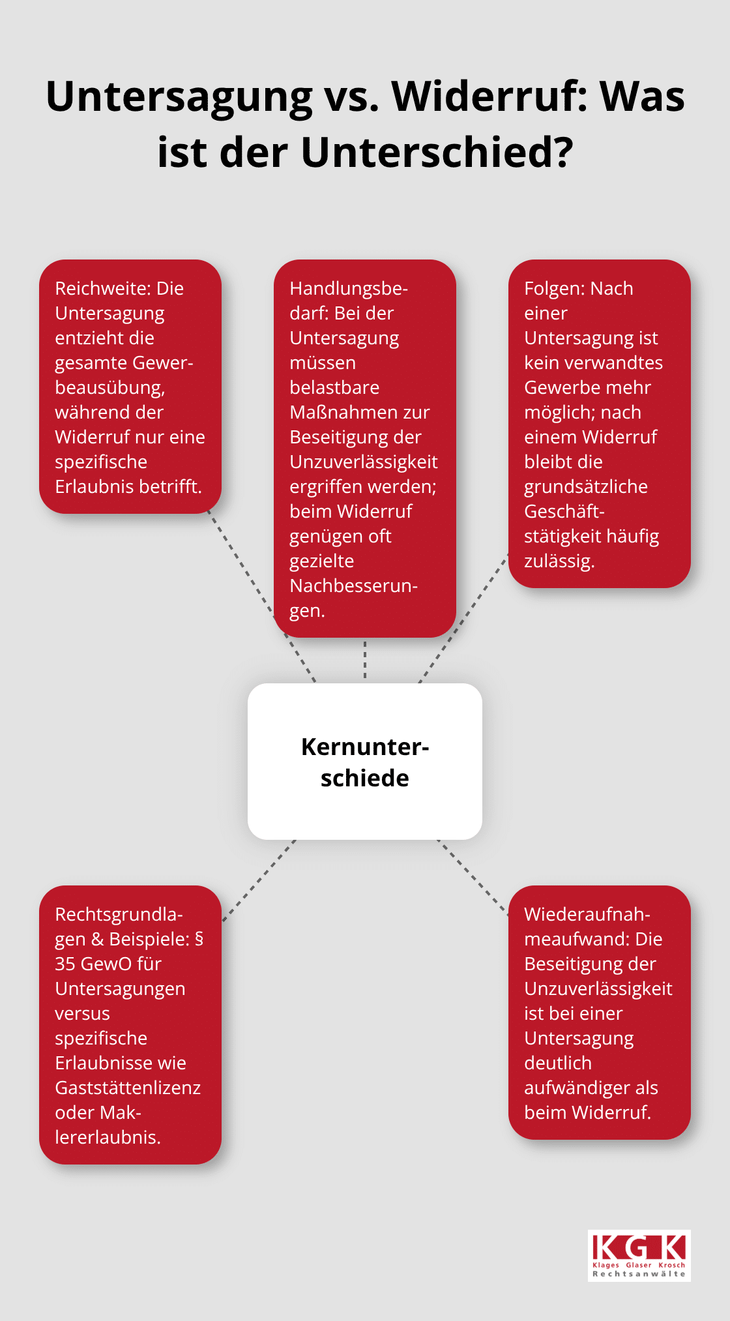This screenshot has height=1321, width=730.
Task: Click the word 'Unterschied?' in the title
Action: point(437,153)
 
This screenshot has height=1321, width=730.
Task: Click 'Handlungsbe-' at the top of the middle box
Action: point(349,289)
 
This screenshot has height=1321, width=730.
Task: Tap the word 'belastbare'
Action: point(334,387)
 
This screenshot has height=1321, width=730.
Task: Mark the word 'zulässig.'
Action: point(559,561)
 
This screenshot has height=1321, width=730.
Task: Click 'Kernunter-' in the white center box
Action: point(365,747)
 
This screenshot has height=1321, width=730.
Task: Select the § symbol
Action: point(199,940)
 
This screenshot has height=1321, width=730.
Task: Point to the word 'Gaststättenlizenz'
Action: point(128,1088)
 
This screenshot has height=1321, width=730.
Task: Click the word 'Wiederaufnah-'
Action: point(587,914)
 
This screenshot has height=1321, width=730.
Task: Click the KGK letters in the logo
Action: point(639,1247)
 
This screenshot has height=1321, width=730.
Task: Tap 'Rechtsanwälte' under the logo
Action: point(639,1274)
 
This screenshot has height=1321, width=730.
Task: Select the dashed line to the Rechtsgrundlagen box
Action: point(259,880)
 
